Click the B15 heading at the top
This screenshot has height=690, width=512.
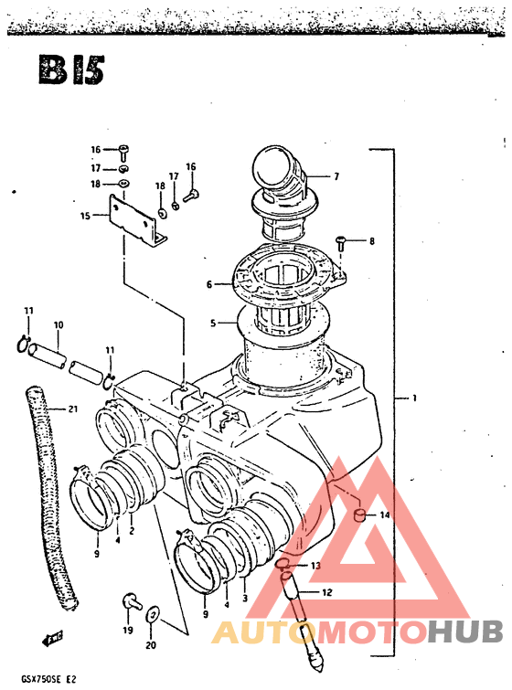pos(71,69)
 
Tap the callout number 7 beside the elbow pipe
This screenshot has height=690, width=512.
pos(336,176)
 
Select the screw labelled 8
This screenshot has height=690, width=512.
pos(340,243)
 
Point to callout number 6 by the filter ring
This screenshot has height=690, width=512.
pos(209,285)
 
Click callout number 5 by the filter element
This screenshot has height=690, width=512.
pos(213,324)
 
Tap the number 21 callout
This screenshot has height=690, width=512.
pos(72,409)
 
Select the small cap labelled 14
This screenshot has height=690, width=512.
pos(360,514)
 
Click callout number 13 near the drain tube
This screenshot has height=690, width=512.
pos(315,566)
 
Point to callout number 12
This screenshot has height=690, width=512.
pos(327,592)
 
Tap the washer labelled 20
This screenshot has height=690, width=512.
pos(153,614)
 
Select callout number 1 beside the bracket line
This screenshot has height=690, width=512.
pos(414,398)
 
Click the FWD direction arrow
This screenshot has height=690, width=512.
pos(52,639)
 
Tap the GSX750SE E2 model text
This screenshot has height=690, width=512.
pos(46,679)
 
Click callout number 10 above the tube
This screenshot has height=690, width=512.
pos(59,325)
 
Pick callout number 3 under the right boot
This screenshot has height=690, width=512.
pos(245,598)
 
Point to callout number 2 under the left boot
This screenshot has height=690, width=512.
pos(132,531)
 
